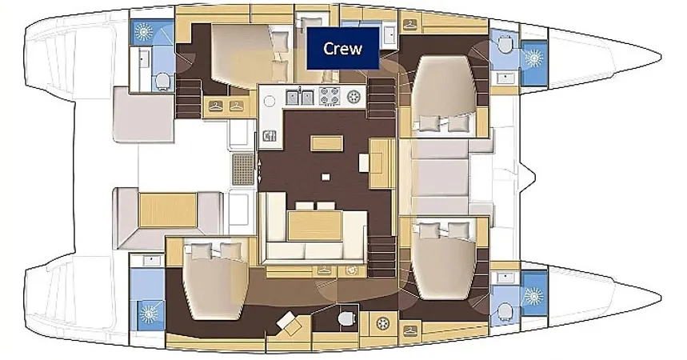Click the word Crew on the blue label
(342, 48)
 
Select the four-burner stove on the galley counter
(330, 97)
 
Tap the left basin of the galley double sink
(293, 97)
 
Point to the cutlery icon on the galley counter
(269, 136)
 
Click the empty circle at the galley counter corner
(270, 102)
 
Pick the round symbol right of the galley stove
(353, 97)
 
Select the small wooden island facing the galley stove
(327, 143)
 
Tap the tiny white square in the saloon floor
(325, 177)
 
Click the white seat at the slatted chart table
(364, 162)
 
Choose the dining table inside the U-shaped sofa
(315, 226)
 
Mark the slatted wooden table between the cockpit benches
(167, 210)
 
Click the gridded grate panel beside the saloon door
(243, 169)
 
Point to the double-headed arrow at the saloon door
(259, 170)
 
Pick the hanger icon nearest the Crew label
(410, 25)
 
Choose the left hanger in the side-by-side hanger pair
(216, 106)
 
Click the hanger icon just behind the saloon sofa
(324, 270)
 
